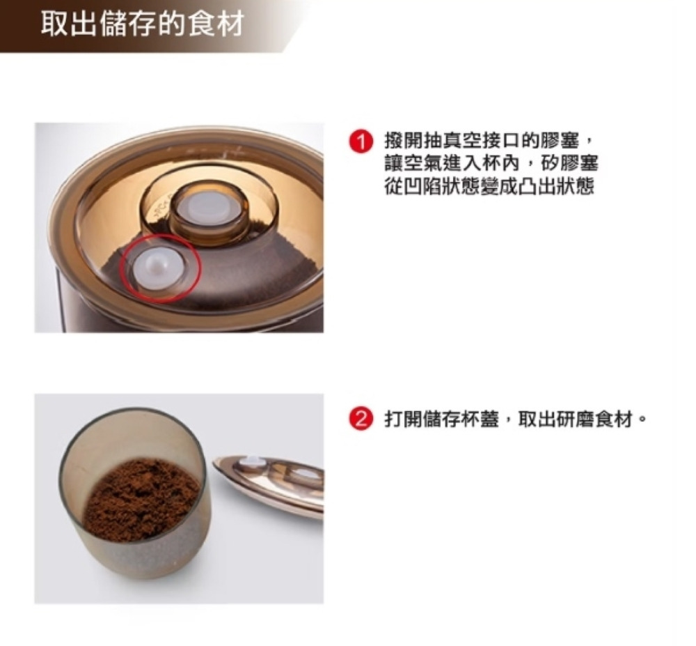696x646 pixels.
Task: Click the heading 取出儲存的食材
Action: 143,24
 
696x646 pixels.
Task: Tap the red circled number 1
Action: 360,143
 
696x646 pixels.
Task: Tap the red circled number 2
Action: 360,420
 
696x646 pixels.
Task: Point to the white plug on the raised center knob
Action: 207,208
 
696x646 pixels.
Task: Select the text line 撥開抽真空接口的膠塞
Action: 482,142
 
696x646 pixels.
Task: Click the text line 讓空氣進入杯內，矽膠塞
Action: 491,164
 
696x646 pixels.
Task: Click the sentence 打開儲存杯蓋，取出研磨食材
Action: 509,420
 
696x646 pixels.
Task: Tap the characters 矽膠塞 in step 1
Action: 570,164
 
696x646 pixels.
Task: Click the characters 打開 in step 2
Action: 404,420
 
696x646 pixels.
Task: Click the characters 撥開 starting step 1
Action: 404,142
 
